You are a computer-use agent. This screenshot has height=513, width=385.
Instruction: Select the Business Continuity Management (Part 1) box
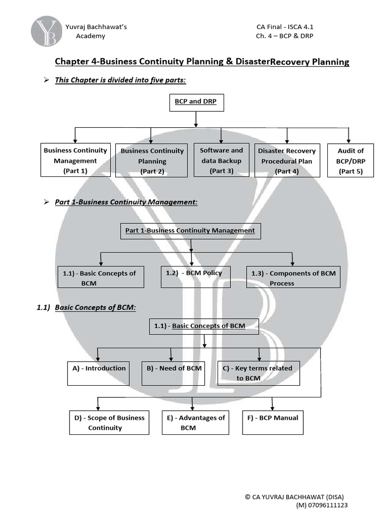[x=75, y=160]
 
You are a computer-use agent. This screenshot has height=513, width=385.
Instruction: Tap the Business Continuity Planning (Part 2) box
[x=152, y=161]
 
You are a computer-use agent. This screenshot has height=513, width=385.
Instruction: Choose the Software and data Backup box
[x=221, y=160]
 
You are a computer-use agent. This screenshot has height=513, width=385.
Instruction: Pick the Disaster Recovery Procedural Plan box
[x=287, y=161]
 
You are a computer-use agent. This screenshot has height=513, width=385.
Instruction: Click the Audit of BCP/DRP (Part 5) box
[x=351, y=161]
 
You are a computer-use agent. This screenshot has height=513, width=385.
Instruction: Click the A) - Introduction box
[x=98, y=373]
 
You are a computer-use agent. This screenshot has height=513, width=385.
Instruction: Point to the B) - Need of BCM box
[x=174, y=373]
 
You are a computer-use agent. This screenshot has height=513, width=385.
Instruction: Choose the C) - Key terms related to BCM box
[x=259, y=373]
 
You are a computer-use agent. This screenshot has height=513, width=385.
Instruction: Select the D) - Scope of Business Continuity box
[x=109, y=422]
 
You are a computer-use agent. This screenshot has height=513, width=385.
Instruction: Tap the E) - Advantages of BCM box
[x=196, y=422]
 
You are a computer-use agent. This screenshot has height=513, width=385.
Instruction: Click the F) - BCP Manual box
[x=273, y=422]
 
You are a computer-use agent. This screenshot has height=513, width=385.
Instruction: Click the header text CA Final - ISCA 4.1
[x=285, y=27]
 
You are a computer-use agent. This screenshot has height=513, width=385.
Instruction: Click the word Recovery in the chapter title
[x=290, y=62]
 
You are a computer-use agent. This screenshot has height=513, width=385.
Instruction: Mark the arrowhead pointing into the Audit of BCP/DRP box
[x=348, y=141]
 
